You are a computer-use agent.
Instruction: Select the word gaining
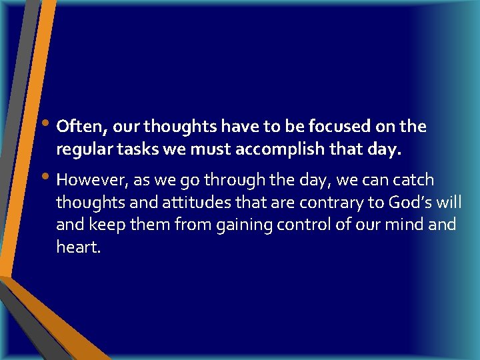(242, 225)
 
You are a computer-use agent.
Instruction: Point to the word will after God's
(449, 202)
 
